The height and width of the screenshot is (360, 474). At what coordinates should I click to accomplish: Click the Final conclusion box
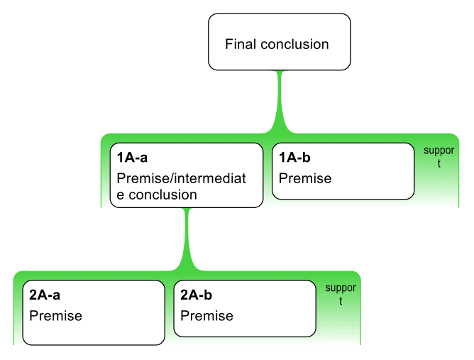point(280,42)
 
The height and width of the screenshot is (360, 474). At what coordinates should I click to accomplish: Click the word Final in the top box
point(241,44)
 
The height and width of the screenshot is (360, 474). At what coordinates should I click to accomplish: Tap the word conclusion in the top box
point(294,45)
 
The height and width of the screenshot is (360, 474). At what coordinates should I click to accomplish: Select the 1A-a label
point(132,158)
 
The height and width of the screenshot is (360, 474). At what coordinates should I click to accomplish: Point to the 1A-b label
point(294,158)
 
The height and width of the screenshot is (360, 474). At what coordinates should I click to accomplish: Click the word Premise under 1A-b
point(305,178)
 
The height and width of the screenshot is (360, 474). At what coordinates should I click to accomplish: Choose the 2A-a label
point(45,295)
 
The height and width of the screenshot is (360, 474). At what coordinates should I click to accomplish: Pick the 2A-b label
point(196,295)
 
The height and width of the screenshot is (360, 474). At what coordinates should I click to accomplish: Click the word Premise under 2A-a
point(55,316)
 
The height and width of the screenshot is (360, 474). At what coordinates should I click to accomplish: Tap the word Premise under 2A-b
point(206,316)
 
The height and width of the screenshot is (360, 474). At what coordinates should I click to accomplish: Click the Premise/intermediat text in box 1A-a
point(182,178)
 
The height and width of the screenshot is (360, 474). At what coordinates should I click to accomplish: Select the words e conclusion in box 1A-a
point(157,195)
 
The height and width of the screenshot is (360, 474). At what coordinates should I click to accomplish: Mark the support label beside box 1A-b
point(439,157)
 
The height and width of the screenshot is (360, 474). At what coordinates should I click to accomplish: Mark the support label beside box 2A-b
point(341,294)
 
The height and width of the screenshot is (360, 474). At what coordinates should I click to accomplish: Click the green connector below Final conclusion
point(280,102)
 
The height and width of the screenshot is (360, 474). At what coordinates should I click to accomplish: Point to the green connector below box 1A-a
point(187,239)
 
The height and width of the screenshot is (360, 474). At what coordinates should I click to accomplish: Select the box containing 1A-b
point(343,171)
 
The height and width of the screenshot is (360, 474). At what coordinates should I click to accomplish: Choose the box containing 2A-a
point(94,312)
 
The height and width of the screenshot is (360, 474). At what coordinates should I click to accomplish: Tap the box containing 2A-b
point(245,309)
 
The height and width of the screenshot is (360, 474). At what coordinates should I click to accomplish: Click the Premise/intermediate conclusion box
point(187,175)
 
